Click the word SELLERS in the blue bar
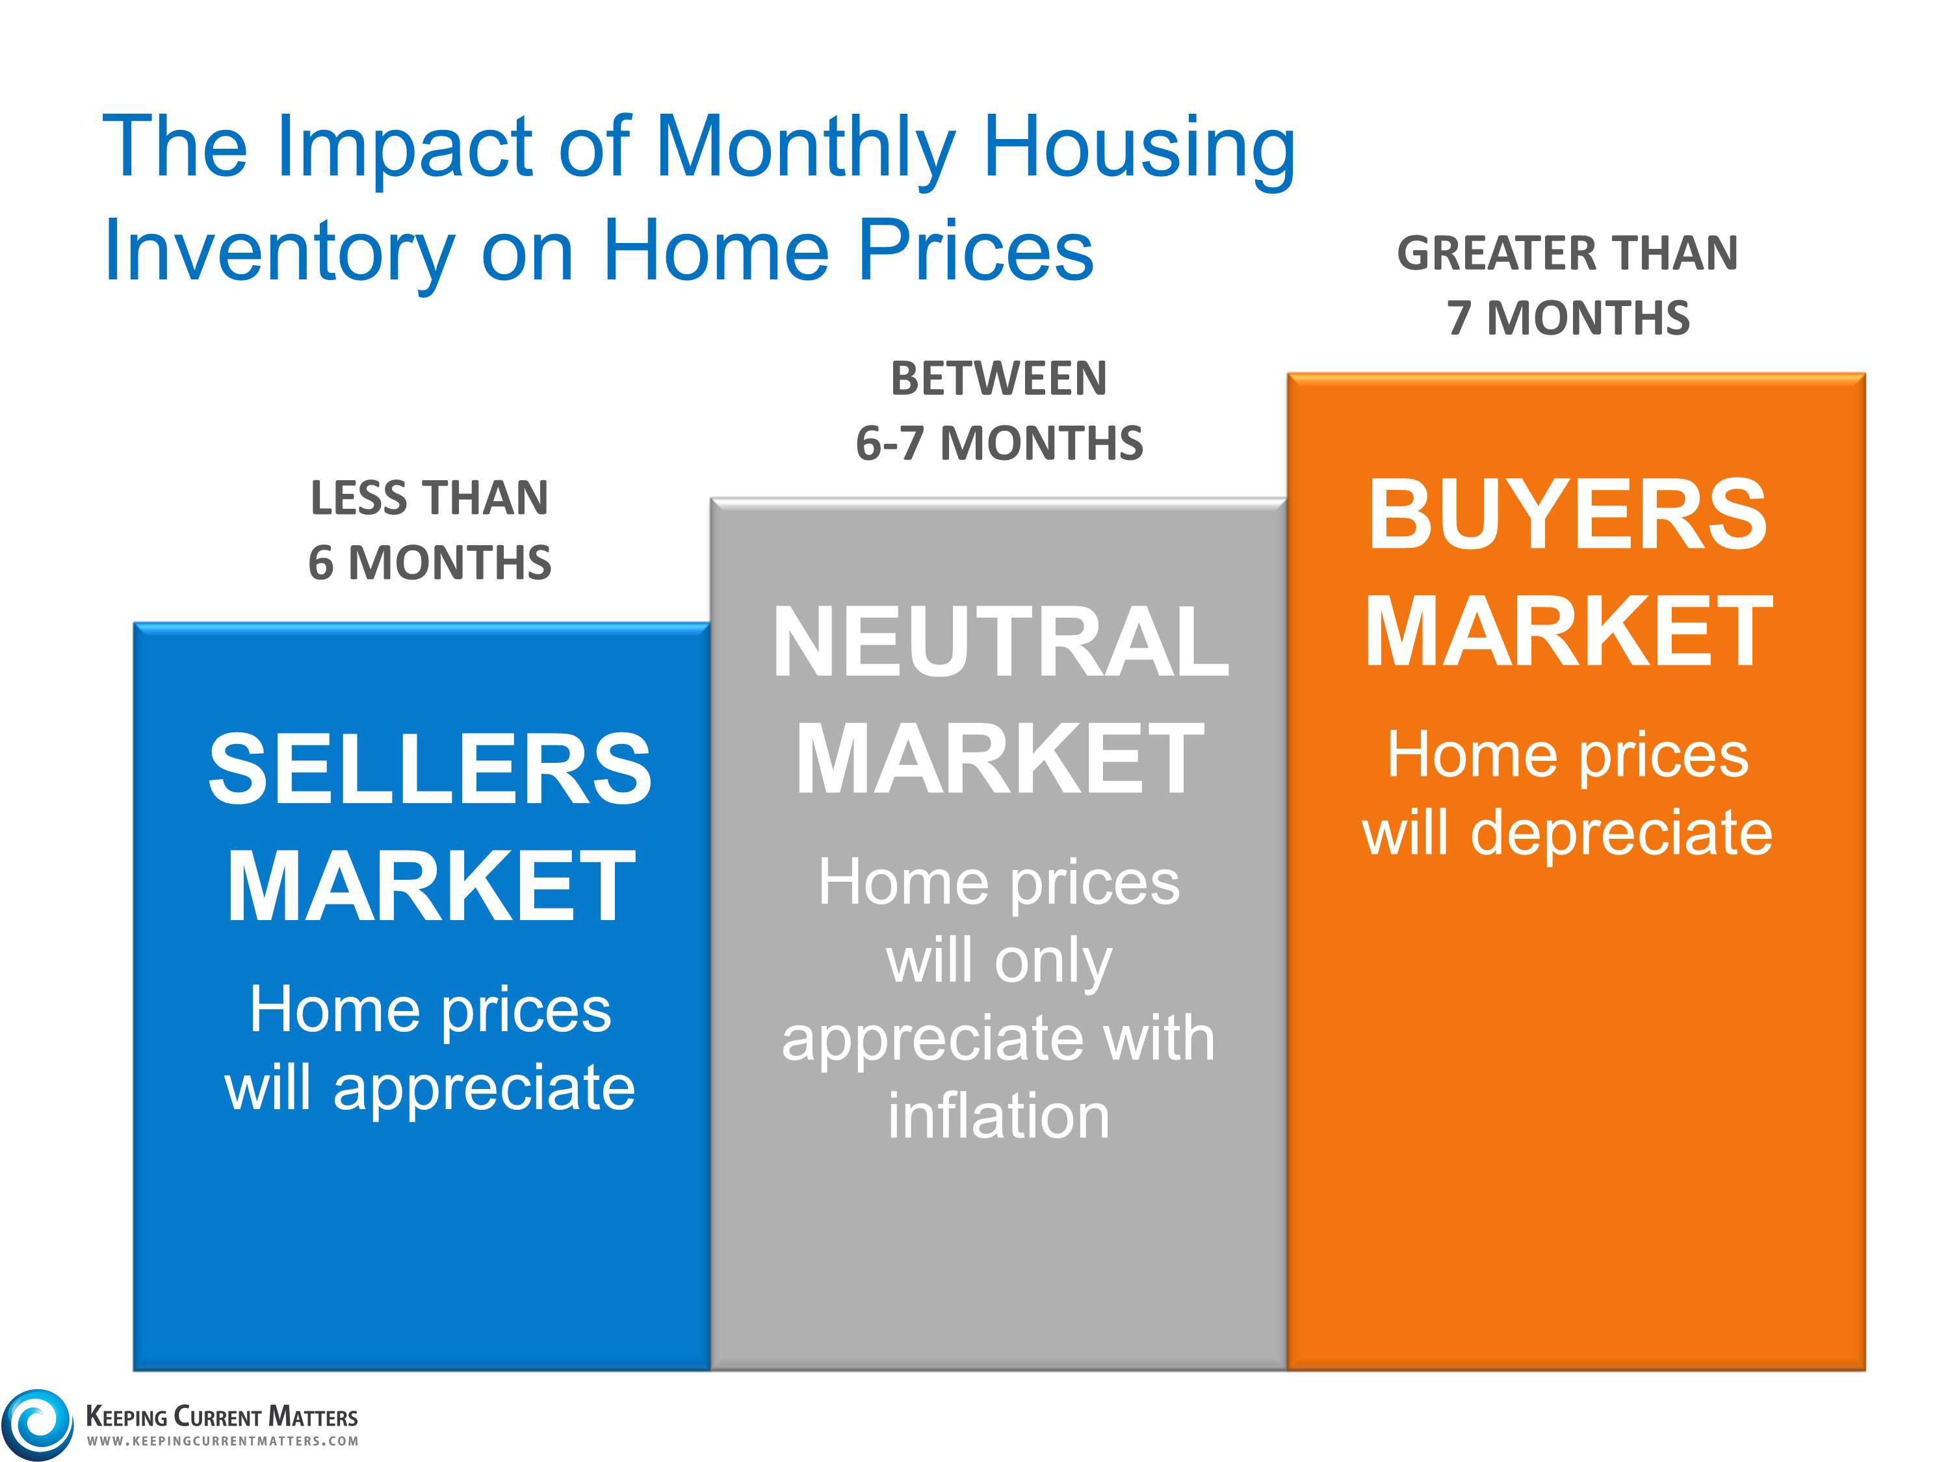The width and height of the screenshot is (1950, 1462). (430, 769)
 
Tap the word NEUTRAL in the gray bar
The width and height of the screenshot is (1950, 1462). (1000, 643)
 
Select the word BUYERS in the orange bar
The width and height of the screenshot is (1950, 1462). (1567, 515)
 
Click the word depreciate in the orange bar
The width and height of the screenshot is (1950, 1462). (1620, 834)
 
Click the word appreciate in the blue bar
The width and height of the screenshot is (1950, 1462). (484, 1089)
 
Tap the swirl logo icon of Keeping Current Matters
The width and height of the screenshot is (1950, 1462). (37, 1424)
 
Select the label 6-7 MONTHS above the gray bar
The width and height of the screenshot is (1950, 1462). (999, 443)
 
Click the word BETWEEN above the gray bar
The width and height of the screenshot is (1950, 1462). (999, 379)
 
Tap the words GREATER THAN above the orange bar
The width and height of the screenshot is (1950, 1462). (1567, 254)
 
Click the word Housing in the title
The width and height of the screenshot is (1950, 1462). (1139, 150)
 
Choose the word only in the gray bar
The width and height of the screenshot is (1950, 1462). (1054, 962)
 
